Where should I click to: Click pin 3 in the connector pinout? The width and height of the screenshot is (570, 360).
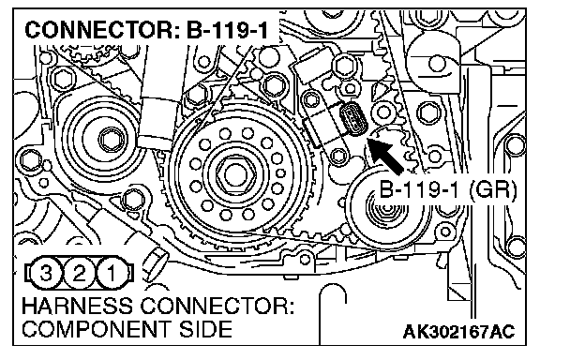tap(45, 273)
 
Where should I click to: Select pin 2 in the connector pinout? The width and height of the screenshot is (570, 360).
tap(79, 273)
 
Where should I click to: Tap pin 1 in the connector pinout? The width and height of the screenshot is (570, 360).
tap(112, 273)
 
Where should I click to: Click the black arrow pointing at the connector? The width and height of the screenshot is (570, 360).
tap(384, 156)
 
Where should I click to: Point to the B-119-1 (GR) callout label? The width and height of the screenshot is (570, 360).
tap(447, 189)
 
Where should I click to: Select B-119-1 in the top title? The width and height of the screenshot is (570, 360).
tap(227, 30)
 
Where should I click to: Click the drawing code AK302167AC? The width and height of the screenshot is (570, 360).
tap(459, 331)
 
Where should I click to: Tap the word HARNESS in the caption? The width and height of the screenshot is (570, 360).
tap(77, 307)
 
